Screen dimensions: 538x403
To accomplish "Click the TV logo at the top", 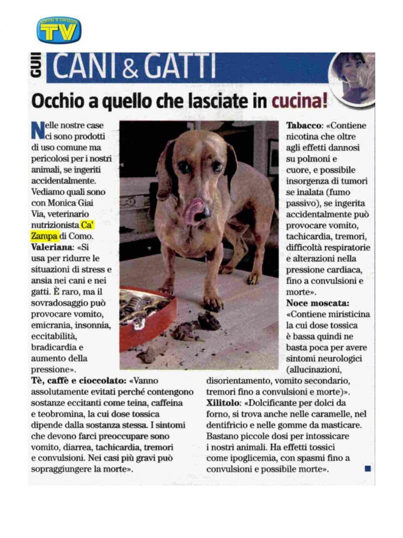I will [59, 30].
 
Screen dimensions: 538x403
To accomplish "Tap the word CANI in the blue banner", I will [84, 67].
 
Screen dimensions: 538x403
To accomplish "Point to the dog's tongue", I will [193, 210].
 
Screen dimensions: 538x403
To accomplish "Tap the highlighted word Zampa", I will [45, 236].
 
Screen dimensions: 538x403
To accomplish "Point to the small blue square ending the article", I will [368, 469].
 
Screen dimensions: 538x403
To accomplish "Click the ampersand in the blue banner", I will [131, 68].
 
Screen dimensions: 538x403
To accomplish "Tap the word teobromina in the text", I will [59, 414].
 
